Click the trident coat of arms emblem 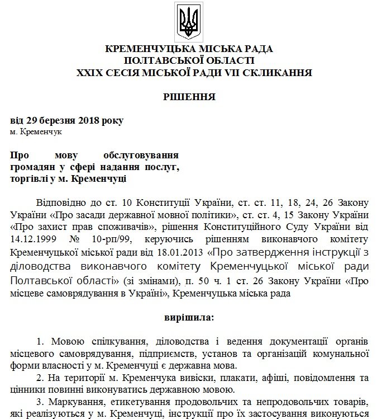(188, 21)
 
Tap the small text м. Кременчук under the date (36, 131)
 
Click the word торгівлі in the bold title (33, 179)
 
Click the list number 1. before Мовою (40, 342)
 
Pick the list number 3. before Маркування (40, 403)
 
